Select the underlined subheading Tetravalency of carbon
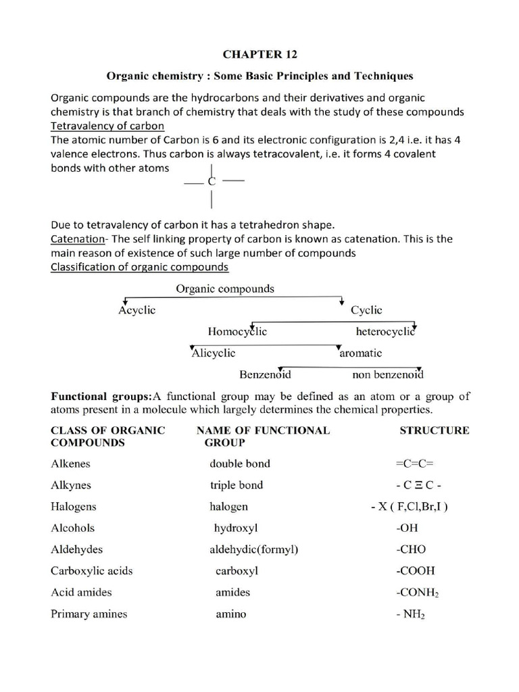[108, 126]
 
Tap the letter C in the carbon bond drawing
[212, 182]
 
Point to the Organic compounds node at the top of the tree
[225, 289]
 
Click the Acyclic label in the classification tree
[137, 310]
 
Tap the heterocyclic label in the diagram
[385, 331]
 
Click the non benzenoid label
[388, 374]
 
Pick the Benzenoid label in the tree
[265, 374]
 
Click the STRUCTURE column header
[434, 430]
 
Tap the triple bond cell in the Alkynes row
[236, 485]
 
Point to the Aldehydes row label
[77, 549]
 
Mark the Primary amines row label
[89, 614]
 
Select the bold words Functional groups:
[102, 396]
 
